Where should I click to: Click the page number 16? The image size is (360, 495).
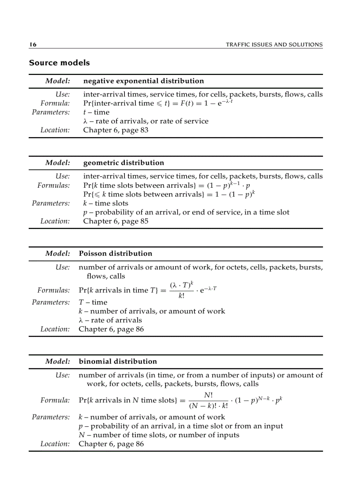tap(33, 45)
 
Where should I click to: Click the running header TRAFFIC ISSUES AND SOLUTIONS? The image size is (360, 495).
tap(274, 45)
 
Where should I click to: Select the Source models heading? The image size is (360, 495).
tap(59, 63)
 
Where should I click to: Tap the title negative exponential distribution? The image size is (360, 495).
tap(143, 81)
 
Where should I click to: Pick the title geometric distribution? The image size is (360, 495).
tap(124, 163)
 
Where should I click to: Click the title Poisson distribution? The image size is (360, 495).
tap(115, 253)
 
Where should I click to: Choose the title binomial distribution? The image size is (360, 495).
tap(117, 361)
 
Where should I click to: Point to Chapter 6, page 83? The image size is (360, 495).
tap(116, 130)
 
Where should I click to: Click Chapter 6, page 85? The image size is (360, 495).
tap(116, 221)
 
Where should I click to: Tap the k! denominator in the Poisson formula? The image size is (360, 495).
tap(181, 296)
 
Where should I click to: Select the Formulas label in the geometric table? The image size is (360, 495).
tap(53, 186)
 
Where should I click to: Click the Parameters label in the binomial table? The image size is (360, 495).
tap(51, 417)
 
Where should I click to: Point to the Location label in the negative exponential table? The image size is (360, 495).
tap(55, 130)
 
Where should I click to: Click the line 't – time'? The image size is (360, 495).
tap(96, 112)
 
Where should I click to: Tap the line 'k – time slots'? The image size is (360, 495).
tap(105, 203)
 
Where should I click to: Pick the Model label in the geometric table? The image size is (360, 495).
tap(57, 163)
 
